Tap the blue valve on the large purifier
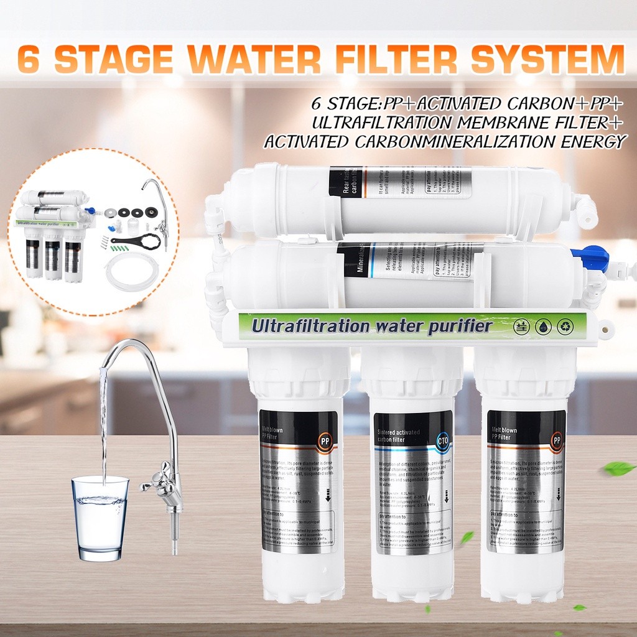[596, 257]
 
